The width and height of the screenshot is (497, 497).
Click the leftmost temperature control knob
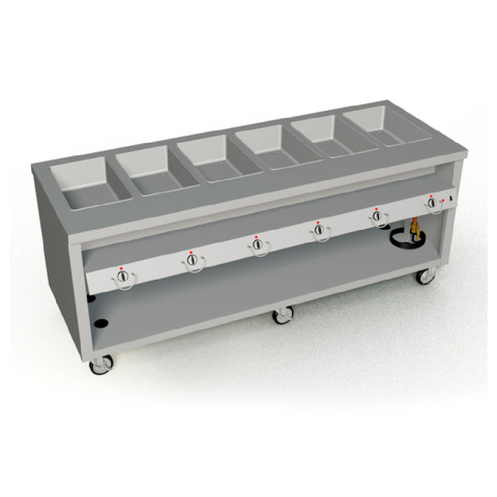pyautogui.click(x=123, y=277)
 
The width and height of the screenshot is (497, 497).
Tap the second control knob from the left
pyautogui.click(x=191, y=260)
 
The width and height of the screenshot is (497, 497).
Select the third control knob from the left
pyautogui.click(x=257, y=244)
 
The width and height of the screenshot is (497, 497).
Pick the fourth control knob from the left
pyautogui.click(x=318, y=230)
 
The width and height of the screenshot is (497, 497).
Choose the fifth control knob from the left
pyautogui.click(x=377, y=216)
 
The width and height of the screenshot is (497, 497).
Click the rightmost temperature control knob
pyautogui.click(x=432, y=203)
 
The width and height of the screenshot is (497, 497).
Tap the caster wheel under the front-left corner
pyautogui.click(x=100, y=364)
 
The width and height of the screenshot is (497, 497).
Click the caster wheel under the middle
pyautogui.click(x=283, y=315)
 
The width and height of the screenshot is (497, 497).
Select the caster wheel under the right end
pyautogui.click(x=425, y=276)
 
